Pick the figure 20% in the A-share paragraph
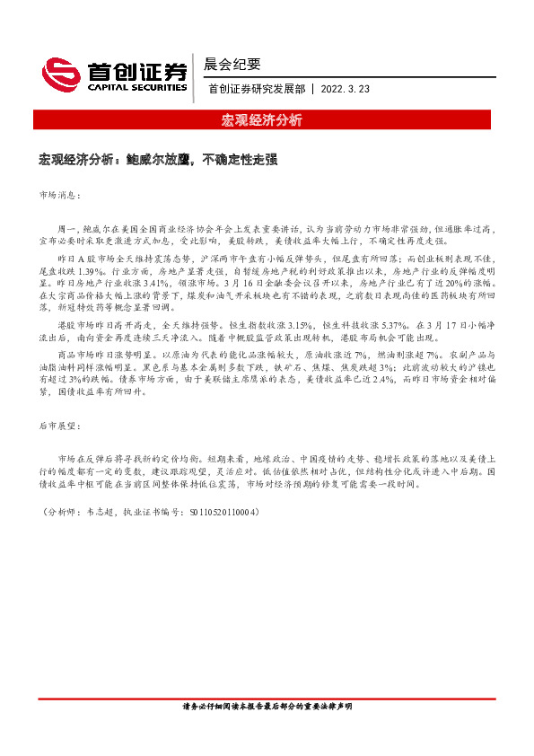pyautogui.click(x=449, y=282)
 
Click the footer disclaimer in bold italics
pyautogui.click(x=267, y=731)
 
